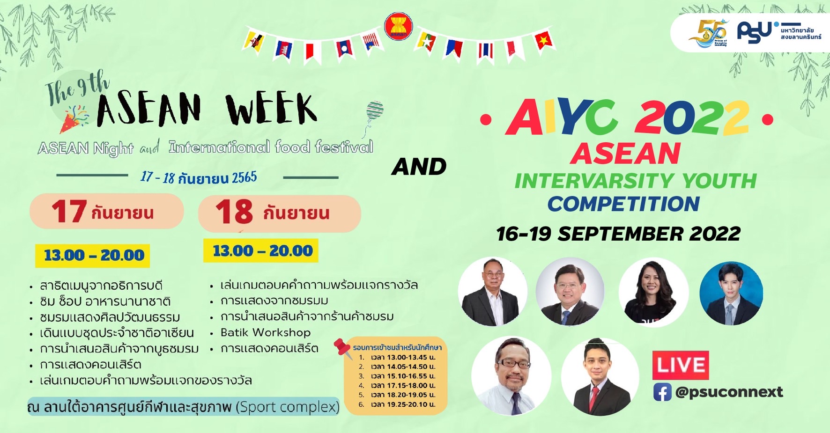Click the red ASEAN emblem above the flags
(398, 26)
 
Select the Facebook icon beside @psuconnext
(662, 392)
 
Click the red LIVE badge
(680, 365)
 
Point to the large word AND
(419, 167)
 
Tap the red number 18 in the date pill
(234, 212)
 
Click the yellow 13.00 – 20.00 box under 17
(93, 256)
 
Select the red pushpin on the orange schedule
(343, 348)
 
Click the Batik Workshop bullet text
(266, 333)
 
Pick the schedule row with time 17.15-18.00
(397, 386)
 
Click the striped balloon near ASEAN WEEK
(375, 110)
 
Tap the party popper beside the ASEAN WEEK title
(74, 119)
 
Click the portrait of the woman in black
(653, 292)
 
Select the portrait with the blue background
(731, 294)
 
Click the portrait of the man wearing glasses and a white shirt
(511, 376)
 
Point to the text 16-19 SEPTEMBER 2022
(618, 234)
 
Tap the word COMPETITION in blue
(623, 204)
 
